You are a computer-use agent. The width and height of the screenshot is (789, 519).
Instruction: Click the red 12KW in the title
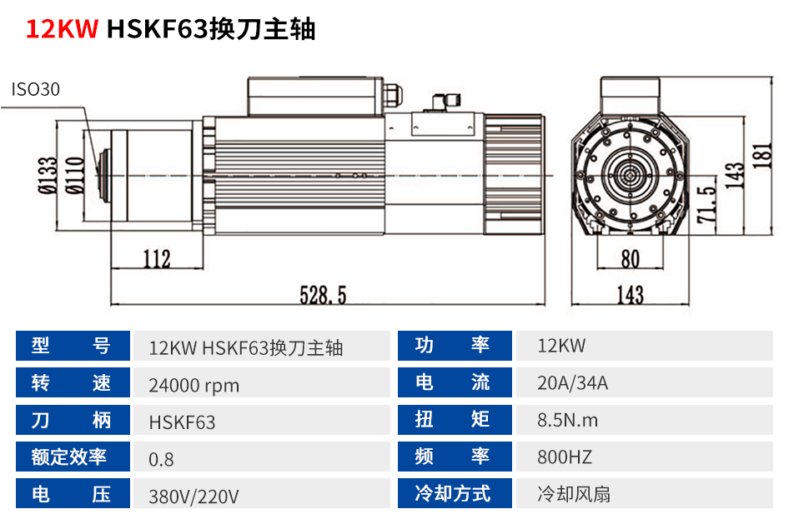(63, 28)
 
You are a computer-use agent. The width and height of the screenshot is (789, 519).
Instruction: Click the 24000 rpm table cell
(193, 386)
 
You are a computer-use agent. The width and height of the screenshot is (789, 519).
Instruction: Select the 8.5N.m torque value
(568, 420)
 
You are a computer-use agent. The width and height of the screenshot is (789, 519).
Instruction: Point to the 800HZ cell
(565, 457)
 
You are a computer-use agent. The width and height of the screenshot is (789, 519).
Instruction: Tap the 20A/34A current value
(573, 383)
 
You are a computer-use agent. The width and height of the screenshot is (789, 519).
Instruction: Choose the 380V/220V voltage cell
(193, 497)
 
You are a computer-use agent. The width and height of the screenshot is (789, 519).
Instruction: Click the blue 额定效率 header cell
(73, 457)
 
